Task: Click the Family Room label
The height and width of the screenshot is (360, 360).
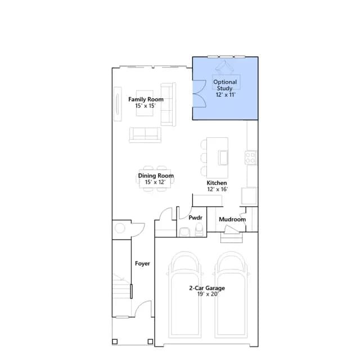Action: click(x=146, y=100)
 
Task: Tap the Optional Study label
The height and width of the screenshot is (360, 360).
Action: click(x=225, y=85)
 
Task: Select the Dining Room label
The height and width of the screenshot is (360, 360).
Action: click(x=156, y=175)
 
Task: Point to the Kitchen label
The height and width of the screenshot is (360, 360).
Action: click(x=217, y=183)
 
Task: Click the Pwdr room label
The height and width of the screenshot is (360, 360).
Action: click(x=195, y=218)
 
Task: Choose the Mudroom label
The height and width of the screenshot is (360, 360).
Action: click(x=232, y=219)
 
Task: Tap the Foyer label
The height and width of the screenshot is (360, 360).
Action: click(x=142, y=263)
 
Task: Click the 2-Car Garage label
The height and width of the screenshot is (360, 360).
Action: click(x=207, y=288)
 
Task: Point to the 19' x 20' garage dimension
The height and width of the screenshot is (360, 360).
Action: click(x=208, y=294)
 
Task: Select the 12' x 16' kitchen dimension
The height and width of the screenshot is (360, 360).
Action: click(x=217, y=189)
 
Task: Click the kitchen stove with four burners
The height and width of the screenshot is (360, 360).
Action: click(x=251, y=157)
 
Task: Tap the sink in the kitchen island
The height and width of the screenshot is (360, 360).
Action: click(x=223, y=157)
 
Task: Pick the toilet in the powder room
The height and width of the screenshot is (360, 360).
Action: click(x=199, y=229)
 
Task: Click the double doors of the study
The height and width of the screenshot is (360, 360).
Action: click(x=199, y=94)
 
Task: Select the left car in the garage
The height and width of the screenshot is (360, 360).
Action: click(x=185, y=295)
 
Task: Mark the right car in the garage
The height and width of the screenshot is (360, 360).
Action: click(x=231, y=295)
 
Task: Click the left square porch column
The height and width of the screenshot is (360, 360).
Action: click(x=115, y=341)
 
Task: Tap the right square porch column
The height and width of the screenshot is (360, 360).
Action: click(x=150, y=341)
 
